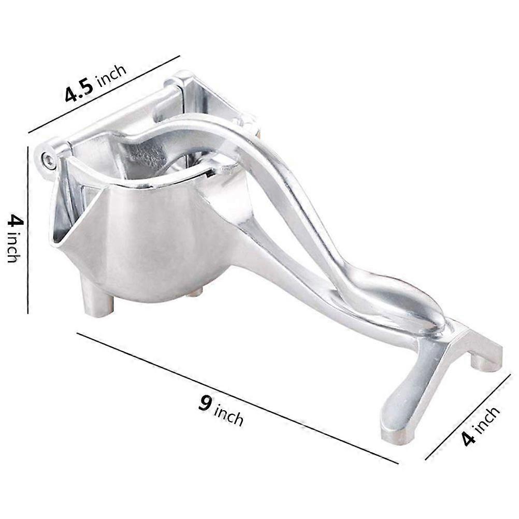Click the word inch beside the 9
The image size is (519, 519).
click(228, 415)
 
